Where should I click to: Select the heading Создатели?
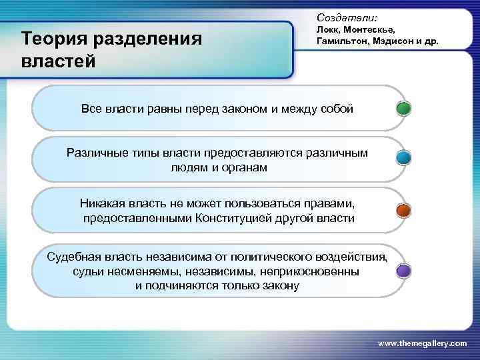coord(347,13)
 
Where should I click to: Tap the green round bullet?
coord(403,108)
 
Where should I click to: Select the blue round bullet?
coord(403,158)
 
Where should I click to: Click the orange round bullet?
coord(403,210)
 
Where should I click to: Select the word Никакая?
coord(103,203)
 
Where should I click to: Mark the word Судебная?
coord(74,257)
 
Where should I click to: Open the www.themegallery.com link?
coord(422,342)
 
